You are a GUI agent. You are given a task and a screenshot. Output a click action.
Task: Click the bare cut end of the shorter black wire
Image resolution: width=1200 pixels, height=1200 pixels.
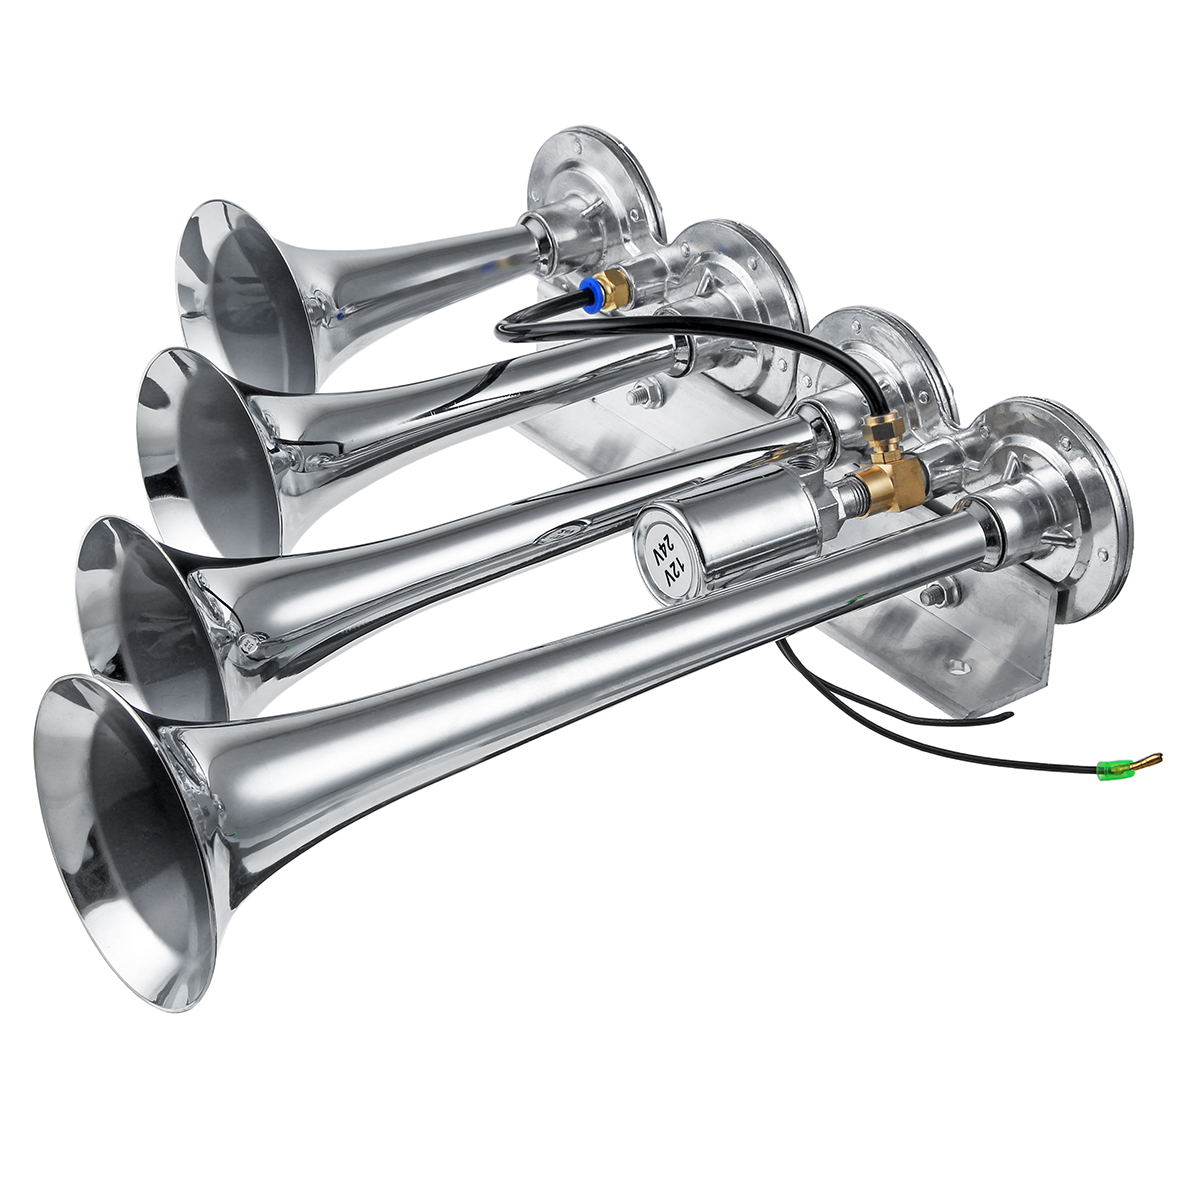click(1010, 714)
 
